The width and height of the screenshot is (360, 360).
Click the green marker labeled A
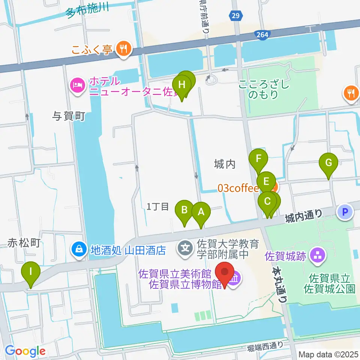coord(201,213)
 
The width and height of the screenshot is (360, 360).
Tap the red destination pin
coord(225,273)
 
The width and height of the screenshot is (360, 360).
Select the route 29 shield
coord(235,15)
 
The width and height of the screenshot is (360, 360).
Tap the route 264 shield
coord(262,35)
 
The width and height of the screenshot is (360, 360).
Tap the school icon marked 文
coord(185,247)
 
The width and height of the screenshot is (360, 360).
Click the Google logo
coord(25,351)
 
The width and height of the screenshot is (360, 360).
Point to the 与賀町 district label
coord(68,116)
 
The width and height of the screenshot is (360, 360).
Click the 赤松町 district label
coord(24,243)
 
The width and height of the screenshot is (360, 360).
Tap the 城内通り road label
coord(304,215)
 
